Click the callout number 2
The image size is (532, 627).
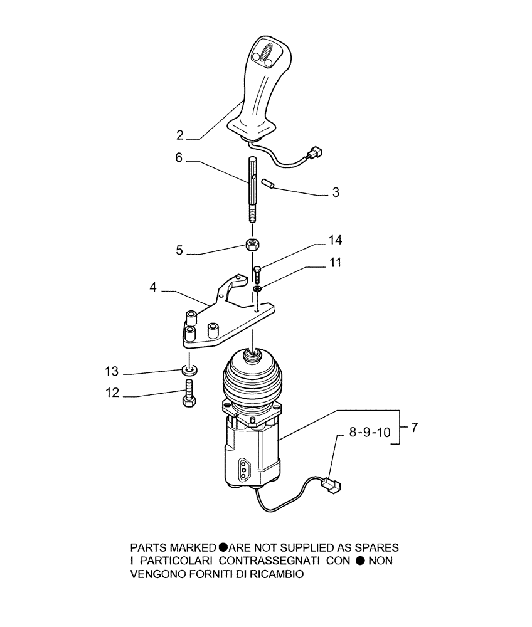click(180, 135)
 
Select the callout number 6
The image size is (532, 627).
click(179, 159)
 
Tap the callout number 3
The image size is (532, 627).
click(336, 192)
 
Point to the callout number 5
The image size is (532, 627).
click(179, 250)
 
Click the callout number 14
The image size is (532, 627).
click(336, 240)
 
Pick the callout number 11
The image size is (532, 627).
click(336, 263)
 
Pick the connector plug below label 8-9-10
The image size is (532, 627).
click(331, 485)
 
